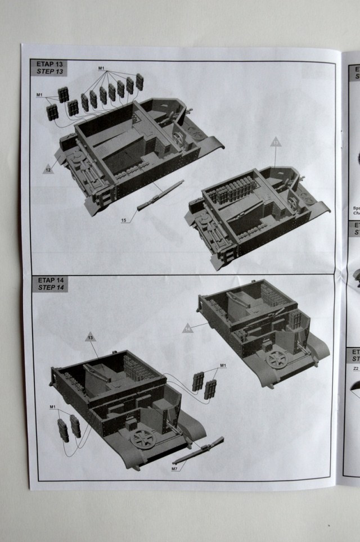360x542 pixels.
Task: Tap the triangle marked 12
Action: (48, 168)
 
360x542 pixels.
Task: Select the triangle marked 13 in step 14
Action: (90, 337)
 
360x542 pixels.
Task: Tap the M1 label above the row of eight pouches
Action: (101, 69)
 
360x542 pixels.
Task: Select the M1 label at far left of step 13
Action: (40, 93)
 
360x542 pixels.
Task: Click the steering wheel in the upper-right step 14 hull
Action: (277, 360)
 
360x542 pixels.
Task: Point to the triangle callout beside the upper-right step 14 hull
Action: (188, 327)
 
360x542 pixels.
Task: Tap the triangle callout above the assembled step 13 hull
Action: (276, 142)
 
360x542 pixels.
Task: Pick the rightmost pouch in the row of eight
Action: (139, 81)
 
